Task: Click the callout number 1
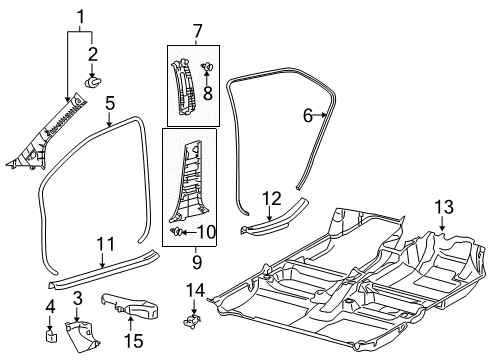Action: tap(83, 14)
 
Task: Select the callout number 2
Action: tap(92, 53)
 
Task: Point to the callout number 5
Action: tap(110, 101)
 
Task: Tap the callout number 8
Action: tap(208, 94)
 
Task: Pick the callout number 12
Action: tap(272, 198)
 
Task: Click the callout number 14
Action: tap(197, 289)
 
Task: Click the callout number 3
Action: tap(77, 297)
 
